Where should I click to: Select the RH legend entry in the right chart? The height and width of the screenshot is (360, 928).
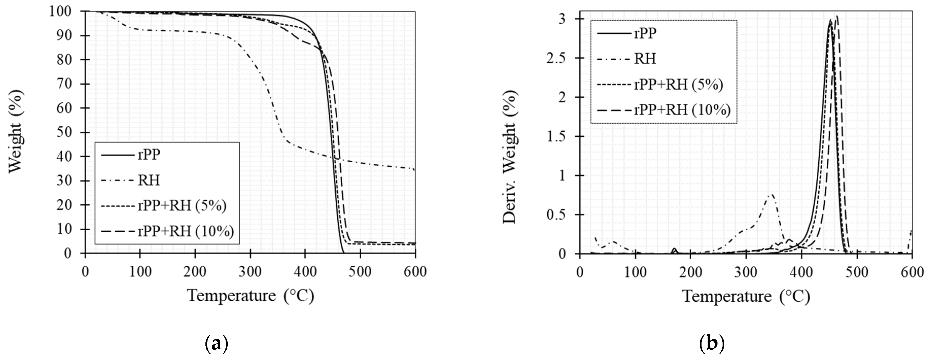coord(645,58)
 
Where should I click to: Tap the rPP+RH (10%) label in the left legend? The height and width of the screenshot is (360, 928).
coord(186,231)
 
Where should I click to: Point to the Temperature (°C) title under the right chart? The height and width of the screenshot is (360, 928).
coord(746,297)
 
